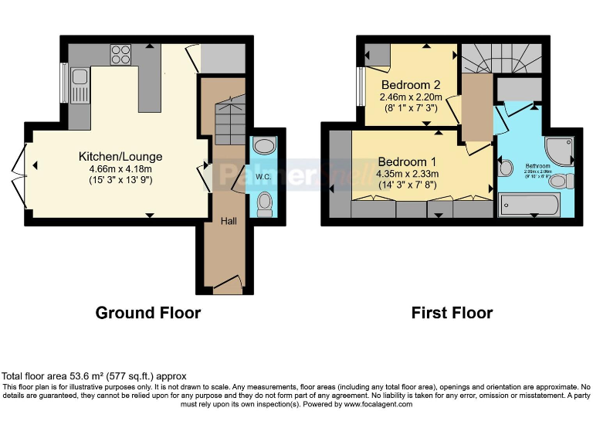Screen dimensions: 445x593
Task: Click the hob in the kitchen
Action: pyautogui.click(x=121, y=54)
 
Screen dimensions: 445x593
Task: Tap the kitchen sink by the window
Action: pyautogui.click(x=80, y=83)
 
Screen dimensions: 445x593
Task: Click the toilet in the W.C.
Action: pyautogui.click(x=265, y=203)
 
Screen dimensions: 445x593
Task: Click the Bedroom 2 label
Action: pyautogui.click(x=410, y=85)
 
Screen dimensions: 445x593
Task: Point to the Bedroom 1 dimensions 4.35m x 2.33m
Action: pyautogui.click(x=407, y=174)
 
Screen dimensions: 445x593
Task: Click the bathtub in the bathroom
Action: pyautogui.click(x=535, y=204)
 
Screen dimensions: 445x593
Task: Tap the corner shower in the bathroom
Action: pyautogui.click(x=560, y=148)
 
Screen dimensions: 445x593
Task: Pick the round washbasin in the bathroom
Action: pyautogui.click(x=506, y=168)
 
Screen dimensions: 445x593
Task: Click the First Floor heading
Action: pyautogui.click(x=452, y=313)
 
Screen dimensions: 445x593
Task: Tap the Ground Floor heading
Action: pyautogui.click(x=148, y=313)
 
